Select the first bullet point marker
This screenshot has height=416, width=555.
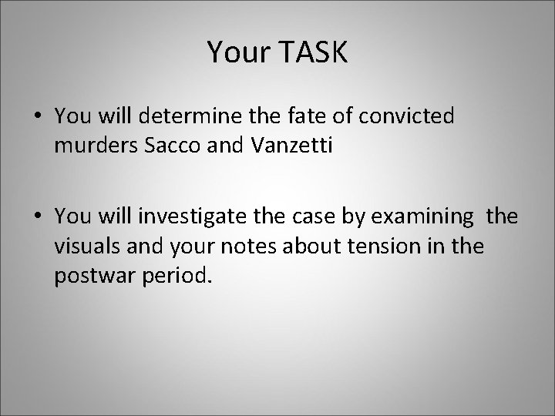38,116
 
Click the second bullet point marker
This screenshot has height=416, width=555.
38,217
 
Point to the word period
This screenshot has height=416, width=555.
180,277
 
